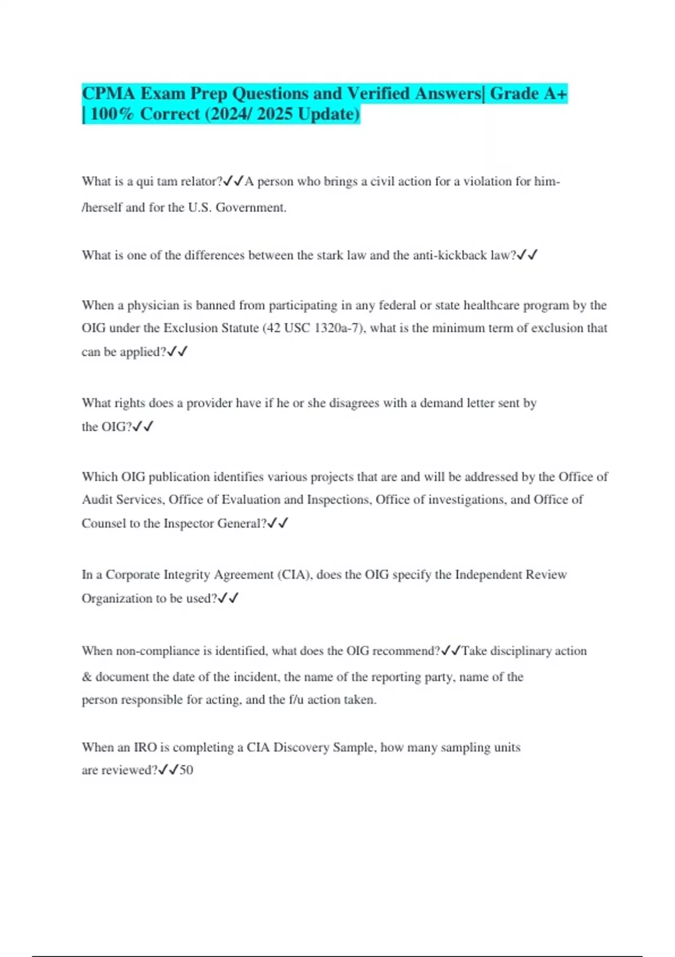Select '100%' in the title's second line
112,114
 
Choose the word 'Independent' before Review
489,574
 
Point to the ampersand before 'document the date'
87,677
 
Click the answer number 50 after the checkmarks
186,770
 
